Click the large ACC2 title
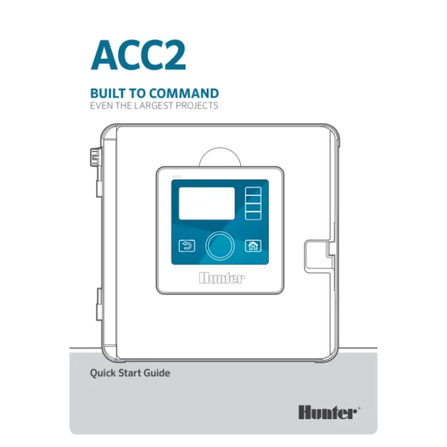pos(138,55)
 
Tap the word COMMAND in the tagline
pos(184,94)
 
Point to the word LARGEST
pos(153,106)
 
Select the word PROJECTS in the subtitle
pos(197,106)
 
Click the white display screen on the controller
pos(207,203)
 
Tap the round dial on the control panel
pos(220,246)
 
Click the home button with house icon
pos(253,246)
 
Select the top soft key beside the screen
pos(253,191)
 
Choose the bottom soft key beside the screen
pos(253,215)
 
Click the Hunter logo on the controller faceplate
pos(222,278)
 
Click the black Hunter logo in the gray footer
pos(329,412)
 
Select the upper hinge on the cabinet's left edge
pos(96,157)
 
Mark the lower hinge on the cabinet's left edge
pos(99,304)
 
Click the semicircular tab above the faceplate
pos(220,157)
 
